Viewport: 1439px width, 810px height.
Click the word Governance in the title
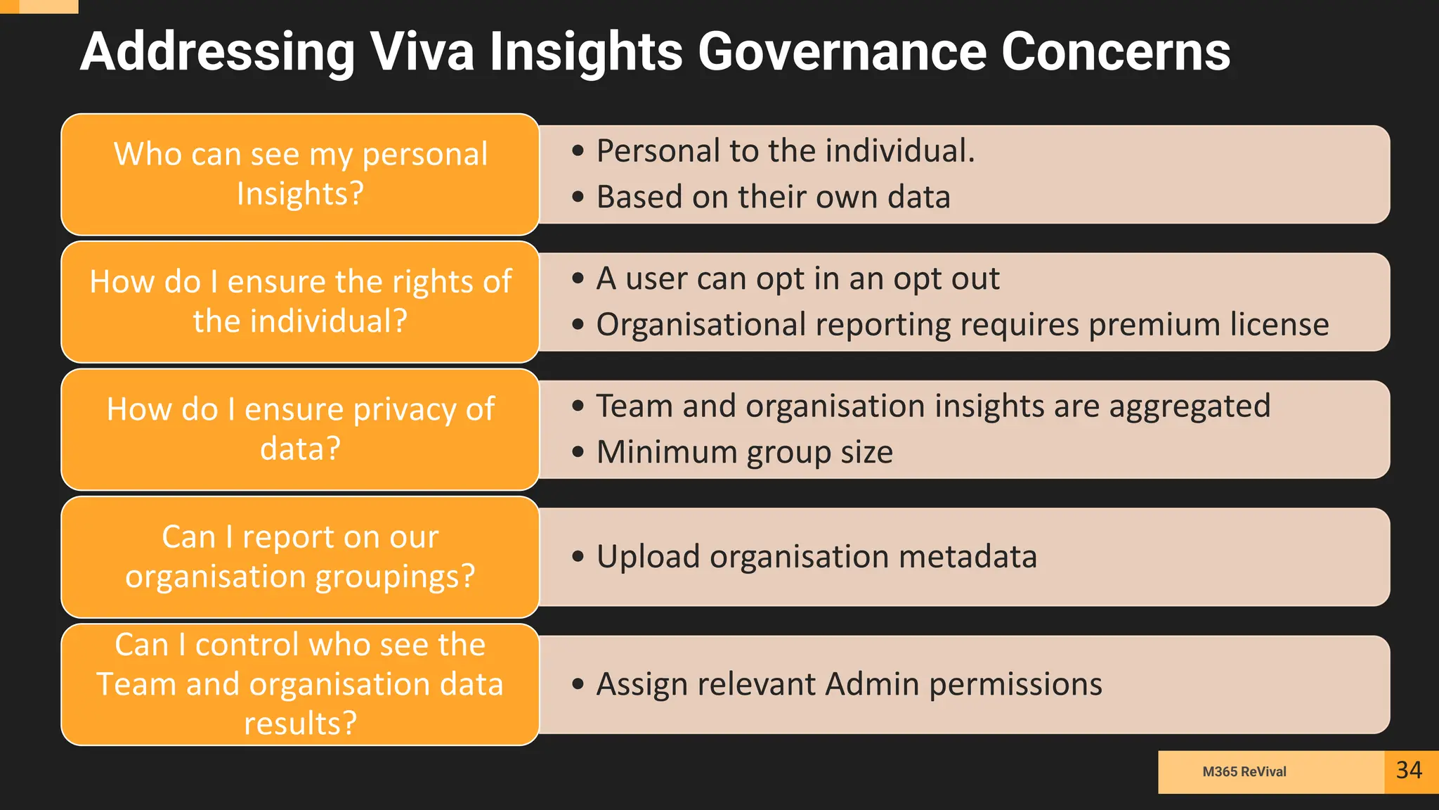842,51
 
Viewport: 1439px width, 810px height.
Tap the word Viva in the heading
422,51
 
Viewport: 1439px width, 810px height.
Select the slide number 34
1409,771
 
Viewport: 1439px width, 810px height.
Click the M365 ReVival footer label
1244,771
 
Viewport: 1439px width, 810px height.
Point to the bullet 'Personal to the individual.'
785,151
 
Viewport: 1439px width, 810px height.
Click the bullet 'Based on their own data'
773,197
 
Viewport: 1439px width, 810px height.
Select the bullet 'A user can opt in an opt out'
797,278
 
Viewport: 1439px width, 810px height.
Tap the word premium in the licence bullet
1154,325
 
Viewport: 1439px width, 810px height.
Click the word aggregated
1190,406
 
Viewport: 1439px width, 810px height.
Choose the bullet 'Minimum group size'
744,452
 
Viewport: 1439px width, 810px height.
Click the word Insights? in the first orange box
300,194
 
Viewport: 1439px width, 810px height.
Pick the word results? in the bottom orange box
300,724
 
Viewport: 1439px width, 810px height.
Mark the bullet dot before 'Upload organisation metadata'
578,557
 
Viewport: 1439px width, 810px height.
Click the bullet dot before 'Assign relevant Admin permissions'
578,684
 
